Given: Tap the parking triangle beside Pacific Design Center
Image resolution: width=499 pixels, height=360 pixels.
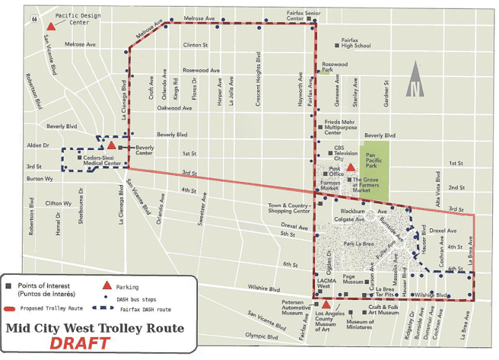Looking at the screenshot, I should [51, 15].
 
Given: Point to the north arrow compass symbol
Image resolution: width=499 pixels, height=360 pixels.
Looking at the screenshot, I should [415, 79].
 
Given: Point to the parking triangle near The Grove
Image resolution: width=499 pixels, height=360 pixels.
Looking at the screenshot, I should [351, 168].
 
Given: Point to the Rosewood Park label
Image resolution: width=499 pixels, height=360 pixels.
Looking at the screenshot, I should [335, 68].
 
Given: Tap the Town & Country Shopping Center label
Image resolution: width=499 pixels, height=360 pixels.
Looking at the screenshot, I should [290, 209].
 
